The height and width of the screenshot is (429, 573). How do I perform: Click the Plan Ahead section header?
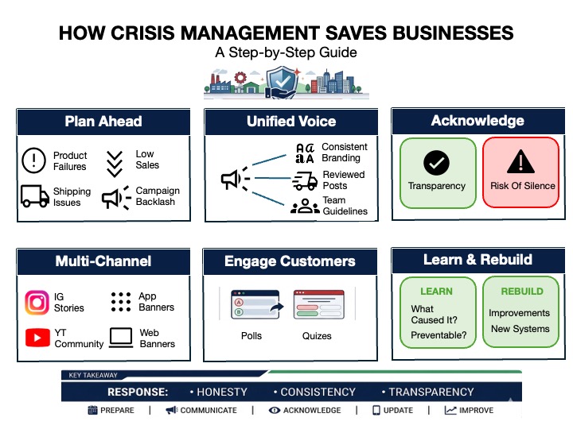[x=103, y=122]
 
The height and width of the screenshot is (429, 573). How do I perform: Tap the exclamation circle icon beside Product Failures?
[x=34, y=160]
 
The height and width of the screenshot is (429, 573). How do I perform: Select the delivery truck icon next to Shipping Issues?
[x=34, y=196]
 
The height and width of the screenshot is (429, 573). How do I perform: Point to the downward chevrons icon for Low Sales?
[x=115, y=161]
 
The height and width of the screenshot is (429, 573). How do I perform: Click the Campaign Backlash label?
[x=158, y=196]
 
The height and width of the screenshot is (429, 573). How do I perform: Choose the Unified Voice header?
[x=291, y=122]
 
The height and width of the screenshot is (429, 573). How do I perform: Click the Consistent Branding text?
[x=344, y=153]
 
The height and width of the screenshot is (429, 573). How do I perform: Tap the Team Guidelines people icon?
[x=305, y=207]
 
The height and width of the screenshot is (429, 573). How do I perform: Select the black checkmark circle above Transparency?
[x=436, y=163]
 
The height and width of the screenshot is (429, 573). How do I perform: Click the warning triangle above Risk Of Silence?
[x=520, y=163]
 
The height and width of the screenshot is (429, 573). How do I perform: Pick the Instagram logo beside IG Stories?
[x=37, y=302]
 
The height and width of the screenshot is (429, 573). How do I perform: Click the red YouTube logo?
[x=37, y=338]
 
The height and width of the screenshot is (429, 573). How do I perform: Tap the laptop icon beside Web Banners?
[x=121, y=338]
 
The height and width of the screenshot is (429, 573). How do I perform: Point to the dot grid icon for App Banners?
[x=121, y=301]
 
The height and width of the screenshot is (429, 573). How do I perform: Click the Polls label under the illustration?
[x=251, y=336]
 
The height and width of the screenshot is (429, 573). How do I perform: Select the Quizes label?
[x=317, y=336]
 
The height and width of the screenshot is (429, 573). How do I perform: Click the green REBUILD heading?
[x=522, y=291]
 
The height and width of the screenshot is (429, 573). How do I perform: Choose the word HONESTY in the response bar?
[x=222, y=392]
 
